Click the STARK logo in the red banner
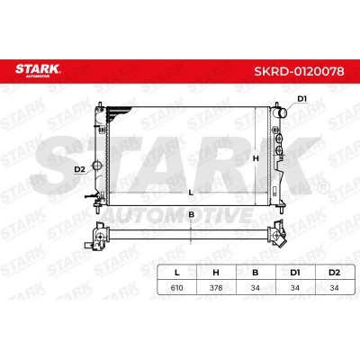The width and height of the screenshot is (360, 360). (x=38, y=70)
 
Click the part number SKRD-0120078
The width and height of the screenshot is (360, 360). (x=299, y=71)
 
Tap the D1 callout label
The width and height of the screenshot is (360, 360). (x=301, y=99)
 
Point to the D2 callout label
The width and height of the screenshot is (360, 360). (x=79, y=170)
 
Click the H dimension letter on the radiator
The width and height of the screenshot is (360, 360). (x=256, y=158)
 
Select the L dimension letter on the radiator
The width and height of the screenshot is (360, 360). (x=191, y=193)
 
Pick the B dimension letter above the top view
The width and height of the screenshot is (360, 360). (x=192, y=215)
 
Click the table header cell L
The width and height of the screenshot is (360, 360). (x=177, y=273)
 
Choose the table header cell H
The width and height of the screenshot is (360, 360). (x=216, y=273)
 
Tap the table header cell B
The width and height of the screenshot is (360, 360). (x=256, y=273)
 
